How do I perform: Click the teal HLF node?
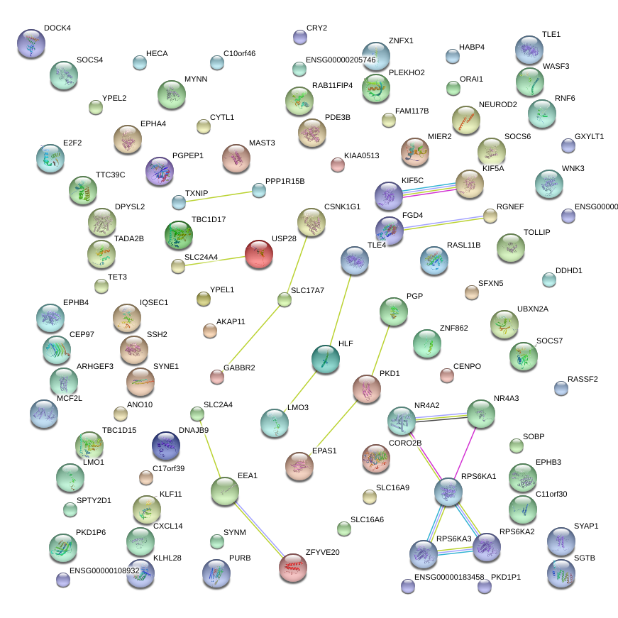(x=326, y=359)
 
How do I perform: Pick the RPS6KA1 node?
(x=448, y=491)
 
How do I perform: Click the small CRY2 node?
(x=300, y=37)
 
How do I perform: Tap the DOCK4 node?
(x=31, y=43)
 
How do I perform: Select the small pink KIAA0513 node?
(x=338, y=165)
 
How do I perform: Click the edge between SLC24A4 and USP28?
(x=216, y=260)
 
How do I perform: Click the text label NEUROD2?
(x=498, y=104)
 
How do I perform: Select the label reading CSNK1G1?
(x=343, y=206)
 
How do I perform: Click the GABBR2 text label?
(x=239, y=368)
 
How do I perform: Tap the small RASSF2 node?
(x=561, y=387)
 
